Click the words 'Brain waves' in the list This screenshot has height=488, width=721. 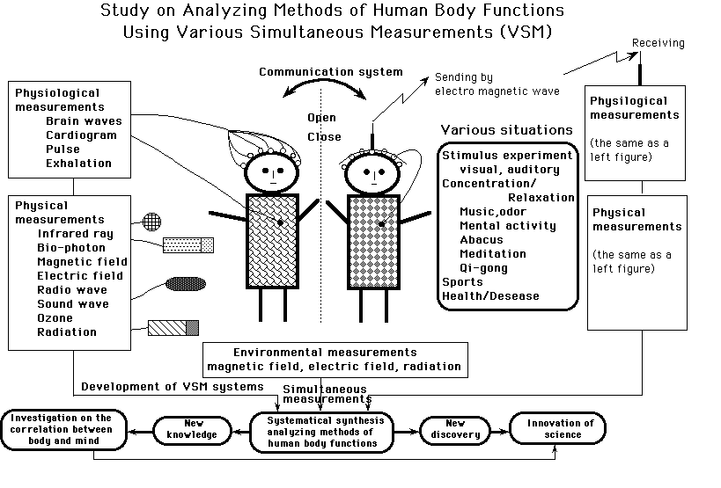tap(84, 121)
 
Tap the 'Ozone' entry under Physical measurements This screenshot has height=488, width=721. tap(55, 318)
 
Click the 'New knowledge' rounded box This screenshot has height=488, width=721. tap(194, 430)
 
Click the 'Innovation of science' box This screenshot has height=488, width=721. tap(561, 429)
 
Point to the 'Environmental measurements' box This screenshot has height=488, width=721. tap(333, 359)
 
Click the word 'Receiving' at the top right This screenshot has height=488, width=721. tap(658, 43)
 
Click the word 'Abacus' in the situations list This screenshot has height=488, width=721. tap(481, 240)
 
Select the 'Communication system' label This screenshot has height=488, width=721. tap(330, 72)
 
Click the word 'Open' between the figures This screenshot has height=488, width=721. tap(321, 119)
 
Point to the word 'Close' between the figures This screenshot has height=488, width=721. tap(323, 137)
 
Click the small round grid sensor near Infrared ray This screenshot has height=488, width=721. tap(152, 221)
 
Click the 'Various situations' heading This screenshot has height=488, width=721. tap(506, 131)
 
